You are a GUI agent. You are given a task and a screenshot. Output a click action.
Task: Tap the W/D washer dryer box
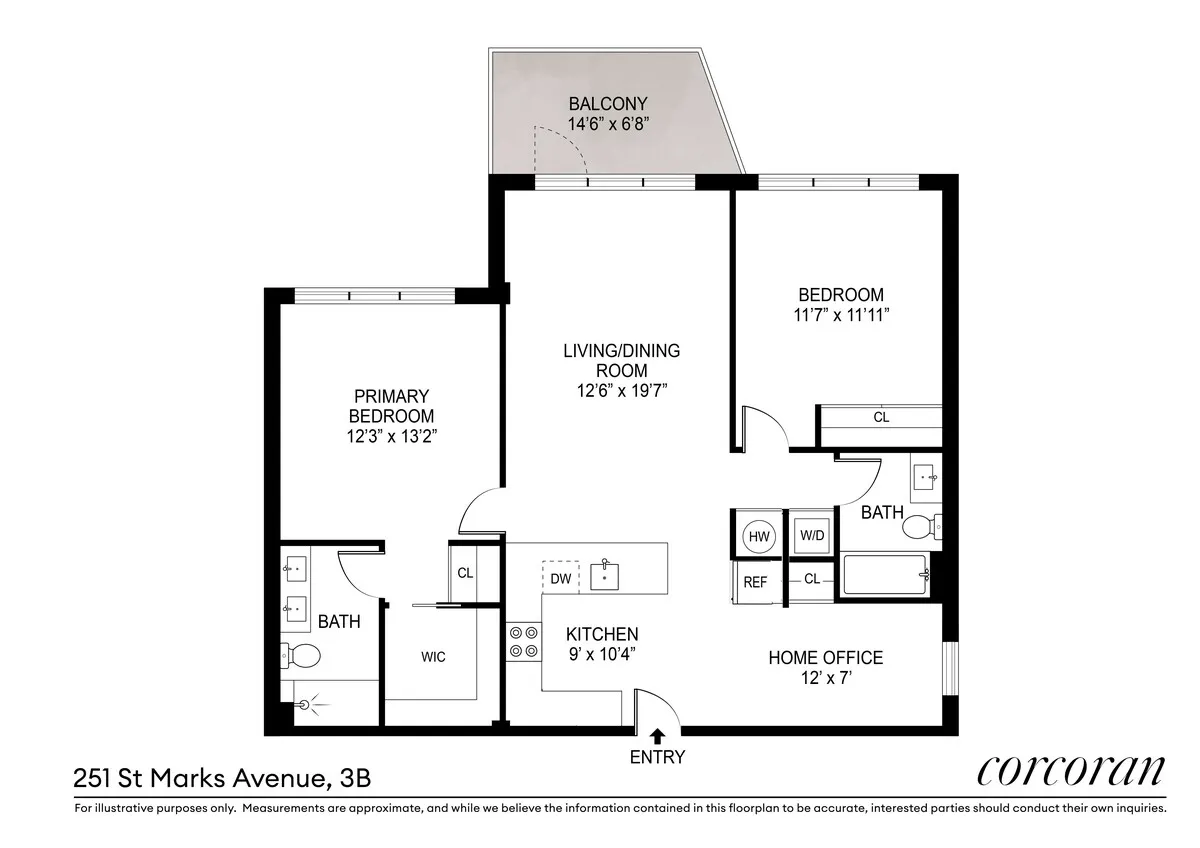[811, 535]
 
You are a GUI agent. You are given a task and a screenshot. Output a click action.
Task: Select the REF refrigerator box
[756, 581]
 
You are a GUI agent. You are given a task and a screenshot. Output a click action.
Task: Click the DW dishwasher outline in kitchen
[560, 578]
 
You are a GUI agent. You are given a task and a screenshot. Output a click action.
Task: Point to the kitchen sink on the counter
[605, 577]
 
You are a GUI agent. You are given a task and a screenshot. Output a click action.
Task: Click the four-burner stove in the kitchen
[522, 640]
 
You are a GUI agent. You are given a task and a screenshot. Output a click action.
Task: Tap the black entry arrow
[657, 737]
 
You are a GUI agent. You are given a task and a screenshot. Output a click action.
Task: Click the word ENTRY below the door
[657, 757]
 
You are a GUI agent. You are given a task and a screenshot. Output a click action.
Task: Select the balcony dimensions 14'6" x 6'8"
[608, 124]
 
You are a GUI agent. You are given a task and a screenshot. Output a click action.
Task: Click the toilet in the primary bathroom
[301, 656]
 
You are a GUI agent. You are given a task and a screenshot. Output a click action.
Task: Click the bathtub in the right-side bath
[885, 576]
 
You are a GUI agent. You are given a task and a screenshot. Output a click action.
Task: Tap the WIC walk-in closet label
[433, 657]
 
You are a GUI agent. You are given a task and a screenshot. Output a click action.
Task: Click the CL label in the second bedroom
[880, 418]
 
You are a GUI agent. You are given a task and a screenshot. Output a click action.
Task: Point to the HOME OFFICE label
[825, 657]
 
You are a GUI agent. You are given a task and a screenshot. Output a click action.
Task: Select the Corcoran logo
[1069, 771]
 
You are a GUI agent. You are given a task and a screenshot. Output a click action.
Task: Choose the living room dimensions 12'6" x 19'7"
[621, 390]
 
